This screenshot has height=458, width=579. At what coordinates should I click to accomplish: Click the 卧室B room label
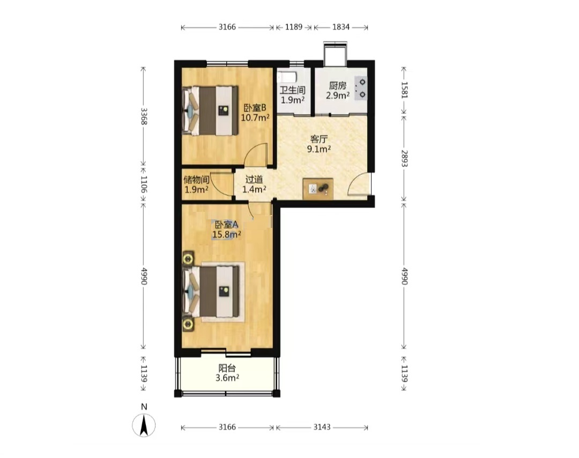[255, 108]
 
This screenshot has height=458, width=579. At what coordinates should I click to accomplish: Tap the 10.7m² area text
[255, 117]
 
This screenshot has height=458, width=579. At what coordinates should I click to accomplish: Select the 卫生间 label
[293, 90]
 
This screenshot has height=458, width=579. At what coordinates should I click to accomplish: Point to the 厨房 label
[338, 86]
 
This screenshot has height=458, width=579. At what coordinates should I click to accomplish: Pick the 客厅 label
[318, 139]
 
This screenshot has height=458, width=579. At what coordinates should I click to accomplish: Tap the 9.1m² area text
[318, 149]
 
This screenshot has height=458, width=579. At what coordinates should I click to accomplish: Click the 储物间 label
[196, 180]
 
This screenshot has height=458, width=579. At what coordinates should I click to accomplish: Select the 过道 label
[254, 180]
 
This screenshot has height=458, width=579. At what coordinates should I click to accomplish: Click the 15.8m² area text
[226, 234]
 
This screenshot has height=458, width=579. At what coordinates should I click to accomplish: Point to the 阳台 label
[227, 368]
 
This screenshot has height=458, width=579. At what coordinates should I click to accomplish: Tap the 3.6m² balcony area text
[227, 378]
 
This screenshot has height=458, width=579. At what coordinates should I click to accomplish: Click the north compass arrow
[144, 425]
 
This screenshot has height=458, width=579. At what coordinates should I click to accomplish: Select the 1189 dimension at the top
[294, 27]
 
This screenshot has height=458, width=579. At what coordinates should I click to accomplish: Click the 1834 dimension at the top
[341, 27]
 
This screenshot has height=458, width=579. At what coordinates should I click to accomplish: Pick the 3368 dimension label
[144, 116]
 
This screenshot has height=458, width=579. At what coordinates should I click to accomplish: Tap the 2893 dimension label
[404, 158]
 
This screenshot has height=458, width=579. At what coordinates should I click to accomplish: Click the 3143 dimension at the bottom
[322, 427]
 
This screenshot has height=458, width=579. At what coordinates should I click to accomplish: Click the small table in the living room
[318, 189]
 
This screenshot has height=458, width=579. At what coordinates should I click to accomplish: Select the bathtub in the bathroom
[287, 77]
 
